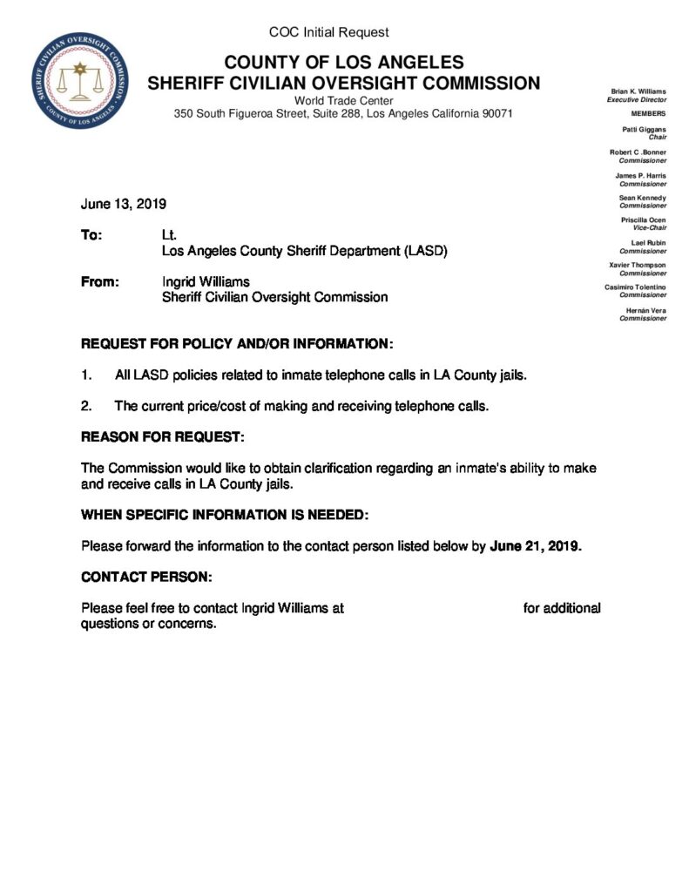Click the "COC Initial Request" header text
(x=329, y=32)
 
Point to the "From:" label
(x=98, y=282)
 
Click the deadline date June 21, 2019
(x=535, y=547)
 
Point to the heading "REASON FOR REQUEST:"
(x=163, y=436)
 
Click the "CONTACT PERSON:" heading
(x=146, y=578)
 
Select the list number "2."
(x=86, y=406)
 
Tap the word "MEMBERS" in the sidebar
(x=648, y=114)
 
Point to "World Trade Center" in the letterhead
(x=344, y=101)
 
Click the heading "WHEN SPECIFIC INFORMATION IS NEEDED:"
(x=225, y=516)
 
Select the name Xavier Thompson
(x=638, y=265)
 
